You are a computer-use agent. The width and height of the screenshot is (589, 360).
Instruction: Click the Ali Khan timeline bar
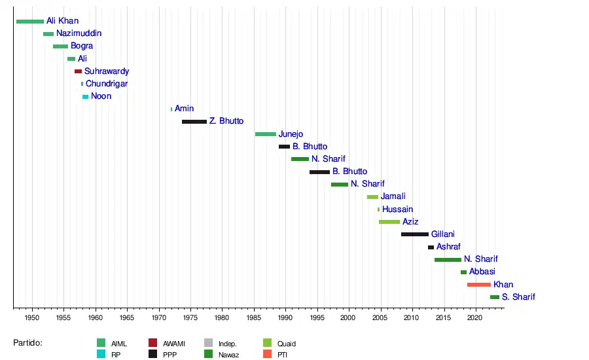[x=30, y=22]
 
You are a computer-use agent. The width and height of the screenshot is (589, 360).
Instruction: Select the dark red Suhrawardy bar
[x=78, y=71]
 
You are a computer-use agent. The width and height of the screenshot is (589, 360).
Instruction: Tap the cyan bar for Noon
[x=85, y=97]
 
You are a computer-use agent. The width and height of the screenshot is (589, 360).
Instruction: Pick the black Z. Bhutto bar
[x=194, y=122]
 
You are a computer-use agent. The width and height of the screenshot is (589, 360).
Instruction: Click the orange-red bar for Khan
[x=479, y=285]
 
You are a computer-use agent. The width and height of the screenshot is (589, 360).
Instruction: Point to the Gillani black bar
[x=415, y=234]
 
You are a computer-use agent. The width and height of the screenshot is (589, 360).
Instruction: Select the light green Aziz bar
[x=389, y=222]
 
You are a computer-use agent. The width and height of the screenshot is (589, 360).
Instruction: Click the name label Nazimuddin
[x=79, y=33]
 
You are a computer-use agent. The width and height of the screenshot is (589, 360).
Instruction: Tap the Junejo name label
[x=291, y=134]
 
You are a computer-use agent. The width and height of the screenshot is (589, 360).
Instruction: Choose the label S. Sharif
[x=518, y=297]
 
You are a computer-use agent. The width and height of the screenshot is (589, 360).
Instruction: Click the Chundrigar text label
[x=107, y=84]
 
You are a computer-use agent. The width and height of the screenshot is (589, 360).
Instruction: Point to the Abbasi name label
[x=482, y=272]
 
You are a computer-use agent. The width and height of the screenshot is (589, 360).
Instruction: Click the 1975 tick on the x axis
[x=190, y=317]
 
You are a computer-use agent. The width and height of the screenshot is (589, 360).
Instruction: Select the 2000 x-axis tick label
[x=348, y=317]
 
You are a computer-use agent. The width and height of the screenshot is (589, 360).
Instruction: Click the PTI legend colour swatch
[x=267, y=354]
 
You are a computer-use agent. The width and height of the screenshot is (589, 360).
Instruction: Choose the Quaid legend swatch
[x=267, y=343]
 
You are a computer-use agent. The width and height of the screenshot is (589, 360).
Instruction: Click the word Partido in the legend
[x=27, y=342]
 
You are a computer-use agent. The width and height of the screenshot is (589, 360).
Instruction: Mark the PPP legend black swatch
[x=153, y=354]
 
